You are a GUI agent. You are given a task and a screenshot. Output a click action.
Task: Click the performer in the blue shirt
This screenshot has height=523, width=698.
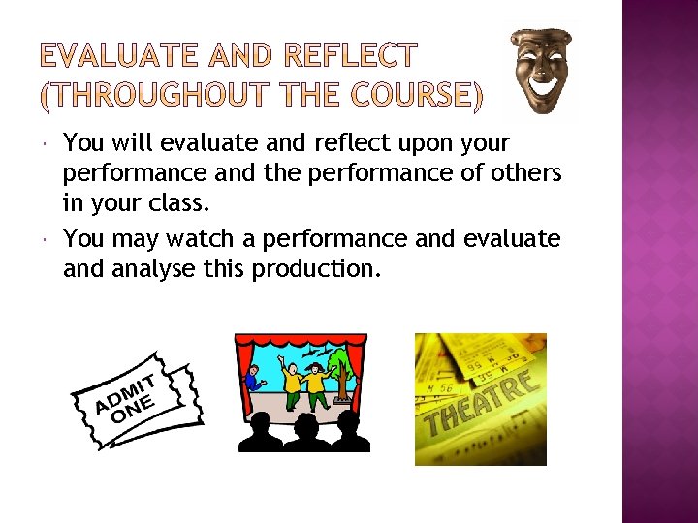[254, 377]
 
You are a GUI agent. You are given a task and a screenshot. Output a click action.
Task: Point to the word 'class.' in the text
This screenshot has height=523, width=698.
[174, 205]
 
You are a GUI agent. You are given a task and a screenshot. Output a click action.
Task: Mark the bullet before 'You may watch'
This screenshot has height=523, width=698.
[48, 238]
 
